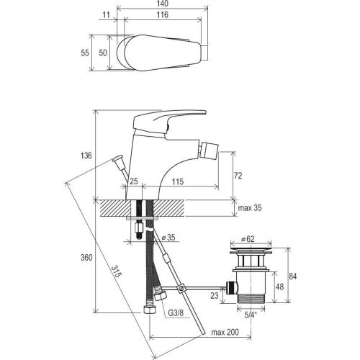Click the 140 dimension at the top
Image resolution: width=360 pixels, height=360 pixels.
(163, 4)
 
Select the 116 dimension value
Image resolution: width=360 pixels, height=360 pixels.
(163, 15)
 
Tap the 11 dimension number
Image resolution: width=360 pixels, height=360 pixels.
(106, 15)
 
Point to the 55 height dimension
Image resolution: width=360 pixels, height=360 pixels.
(85, 53)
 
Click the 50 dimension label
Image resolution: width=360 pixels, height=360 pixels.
(103, 53)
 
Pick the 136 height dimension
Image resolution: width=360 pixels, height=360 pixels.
(86, 156)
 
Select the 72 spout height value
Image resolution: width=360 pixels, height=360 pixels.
(238, 176)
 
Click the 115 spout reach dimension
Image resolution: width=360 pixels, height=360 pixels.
(178, 181)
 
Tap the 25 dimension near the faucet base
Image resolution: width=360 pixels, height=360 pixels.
(134, 181)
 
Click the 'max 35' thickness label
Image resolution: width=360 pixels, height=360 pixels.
(250, 208)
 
